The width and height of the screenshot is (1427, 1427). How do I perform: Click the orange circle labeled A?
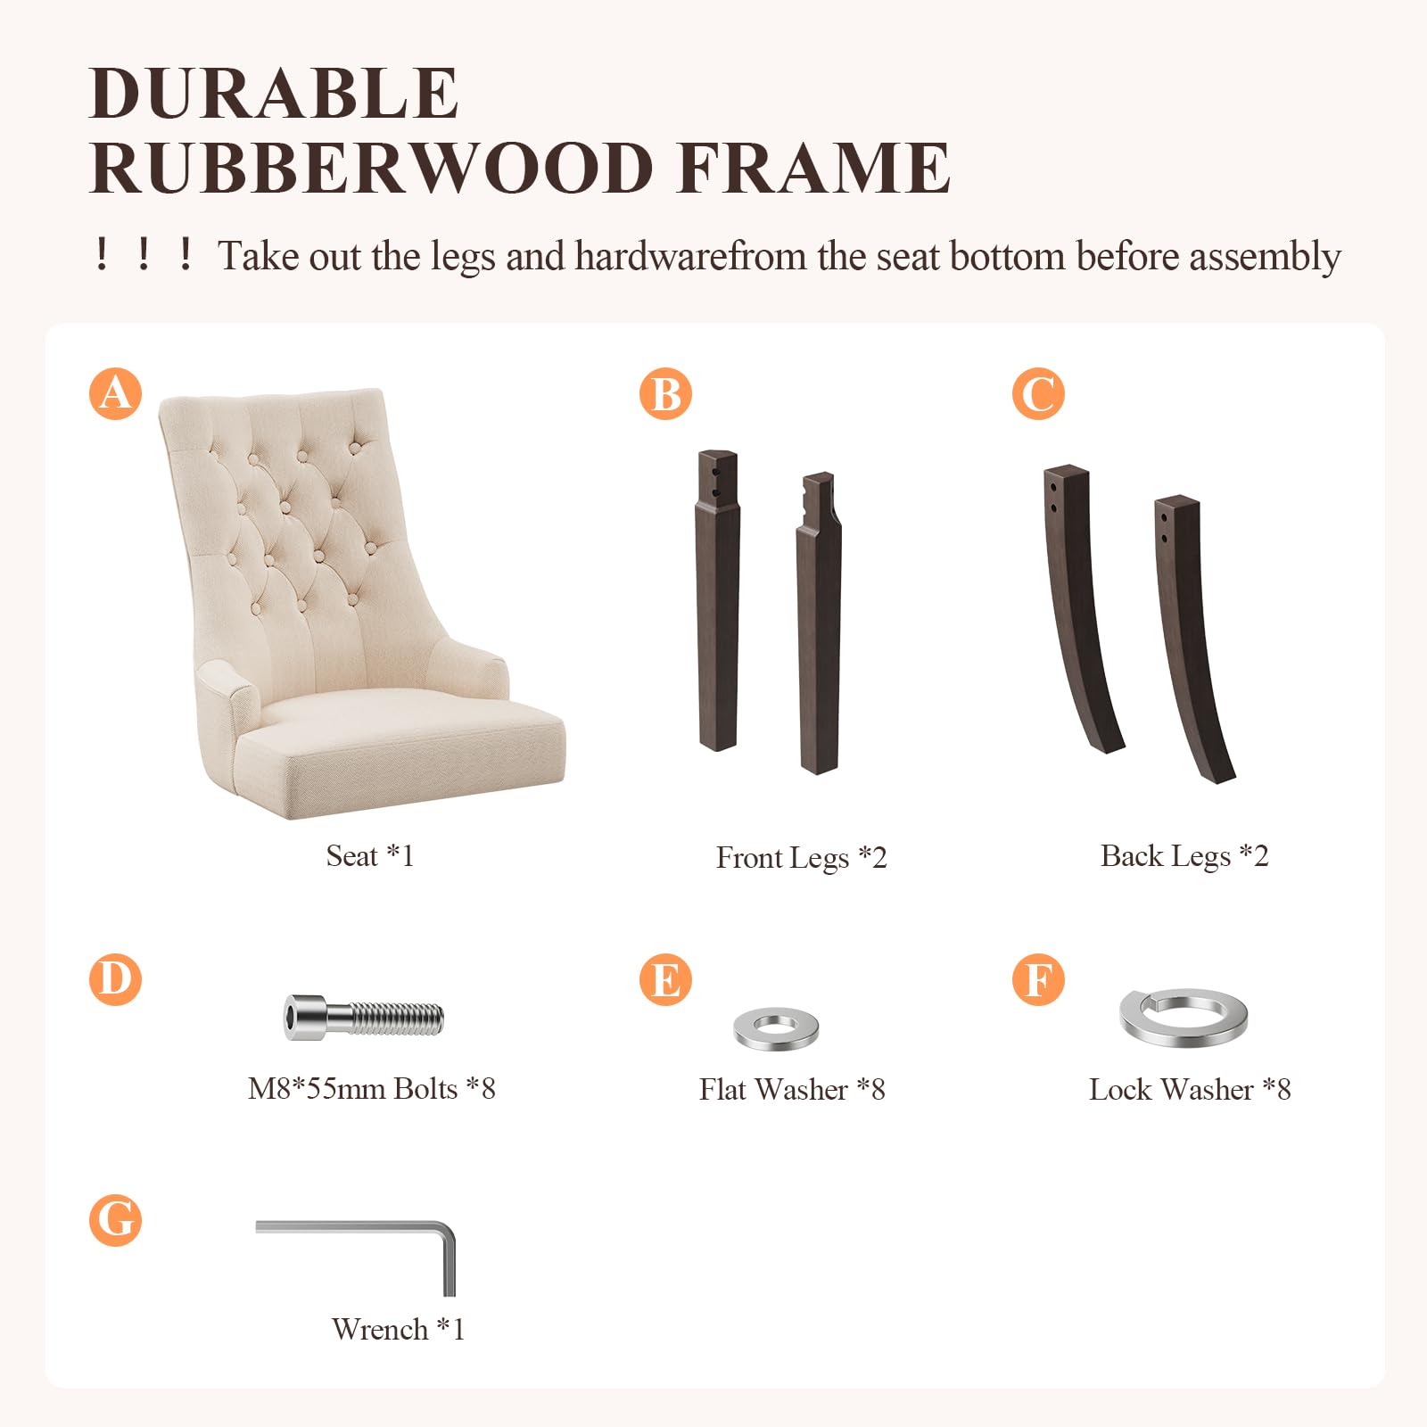point(116,393)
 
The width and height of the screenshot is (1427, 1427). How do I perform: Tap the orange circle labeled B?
point(665,393)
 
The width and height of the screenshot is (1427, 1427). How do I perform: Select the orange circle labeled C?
point(1038,393)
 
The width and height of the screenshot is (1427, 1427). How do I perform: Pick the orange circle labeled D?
point(116,979)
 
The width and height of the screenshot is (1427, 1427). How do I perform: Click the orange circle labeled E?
point(665,979)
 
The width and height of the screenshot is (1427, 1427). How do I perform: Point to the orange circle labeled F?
point(1038,979)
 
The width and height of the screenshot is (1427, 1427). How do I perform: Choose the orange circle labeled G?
point(116,1220)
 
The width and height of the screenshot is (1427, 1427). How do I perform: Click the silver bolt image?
point(364,1018)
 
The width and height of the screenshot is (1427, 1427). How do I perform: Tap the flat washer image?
point(776,1029)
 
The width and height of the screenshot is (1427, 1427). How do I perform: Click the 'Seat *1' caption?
point(370,856)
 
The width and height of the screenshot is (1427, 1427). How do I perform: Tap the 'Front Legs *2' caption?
point(801,858)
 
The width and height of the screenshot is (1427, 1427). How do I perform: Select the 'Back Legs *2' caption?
point(1184,856)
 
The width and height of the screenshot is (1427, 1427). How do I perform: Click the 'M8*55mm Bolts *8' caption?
point(372,1089)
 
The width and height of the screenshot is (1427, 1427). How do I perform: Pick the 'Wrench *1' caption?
point(398,1330)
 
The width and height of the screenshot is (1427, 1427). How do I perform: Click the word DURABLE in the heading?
point(275,93)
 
